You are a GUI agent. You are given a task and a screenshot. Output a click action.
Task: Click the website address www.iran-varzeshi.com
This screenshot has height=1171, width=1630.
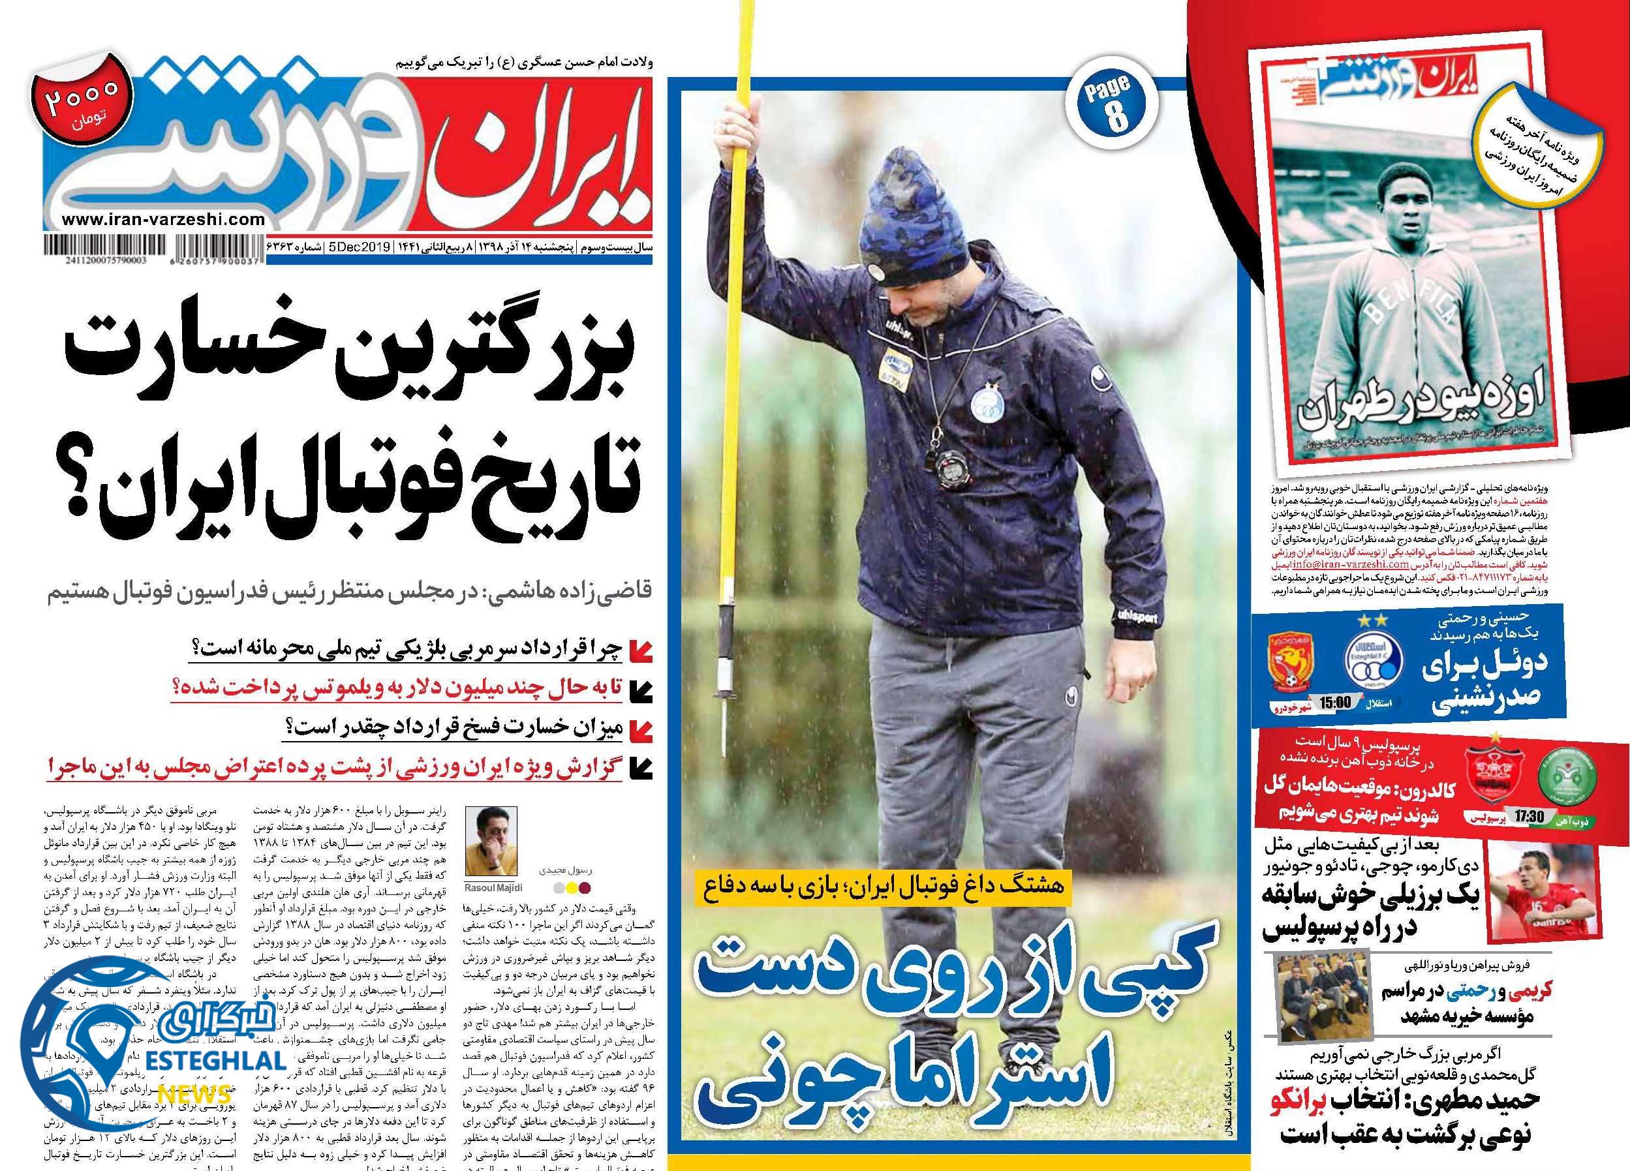pyautogui.click(x=164, y=221)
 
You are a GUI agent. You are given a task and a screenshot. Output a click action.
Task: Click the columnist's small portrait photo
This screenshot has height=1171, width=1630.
pyautogui.click(x=491, y=847)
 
